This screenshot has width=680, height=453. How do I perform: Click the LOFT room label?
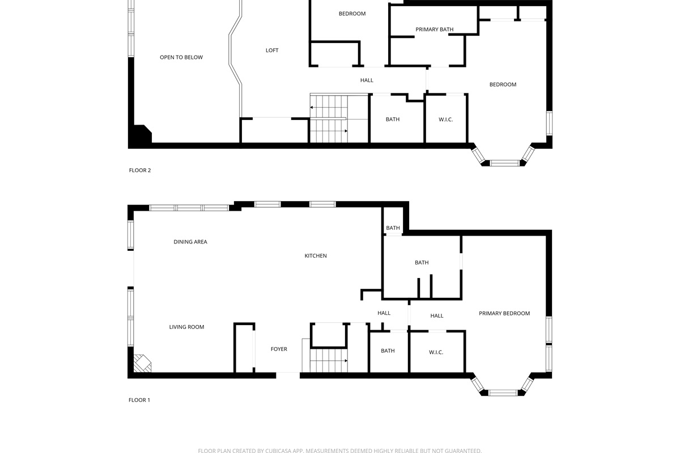point(271,50)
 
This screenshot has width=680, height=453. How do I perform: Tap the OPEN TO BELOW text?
point(181,57)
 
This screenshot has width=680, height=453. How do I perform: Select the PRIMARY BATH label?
point(435,29)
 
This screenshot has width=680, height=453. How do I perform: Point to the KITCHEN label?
point(316,256)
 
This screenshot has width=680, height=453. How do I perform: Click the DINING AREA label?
point(190,242)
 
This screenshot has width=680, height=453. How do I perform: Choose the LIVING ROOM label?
point(186,327)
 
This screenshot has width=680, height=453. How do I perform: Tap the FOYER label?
point(279,349)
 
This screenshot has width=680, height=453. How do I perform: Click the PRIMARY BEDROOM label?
point(504,314)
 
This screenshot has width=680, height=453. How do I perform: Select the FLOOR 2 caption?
point(140,170)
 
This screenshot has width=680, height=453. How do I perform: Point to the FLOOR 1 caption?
point(139,400)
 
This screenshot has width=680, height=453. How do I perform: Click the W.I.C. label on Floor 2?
point(445,119)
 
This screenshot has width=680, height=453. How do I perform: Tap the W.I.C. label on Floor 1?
point(436,352)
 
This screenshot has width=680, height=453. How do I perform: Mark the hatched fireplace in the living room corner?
point(142,363)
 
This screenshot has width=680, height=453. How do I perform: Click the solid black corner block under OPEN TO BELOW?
point(141,134)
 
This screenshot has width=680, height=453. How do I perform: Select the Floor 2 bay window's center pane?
point(505,163)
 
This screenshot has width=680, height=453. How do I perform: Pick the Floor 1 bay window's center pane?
point(503,393)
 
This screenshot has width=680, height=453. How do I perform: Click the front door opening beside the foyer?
point(288,375)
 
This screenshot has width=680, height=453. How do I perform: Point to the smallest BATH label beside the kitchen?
point(393,228)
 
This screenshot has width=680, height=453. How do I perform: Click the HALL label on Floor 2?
point(367,80)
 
